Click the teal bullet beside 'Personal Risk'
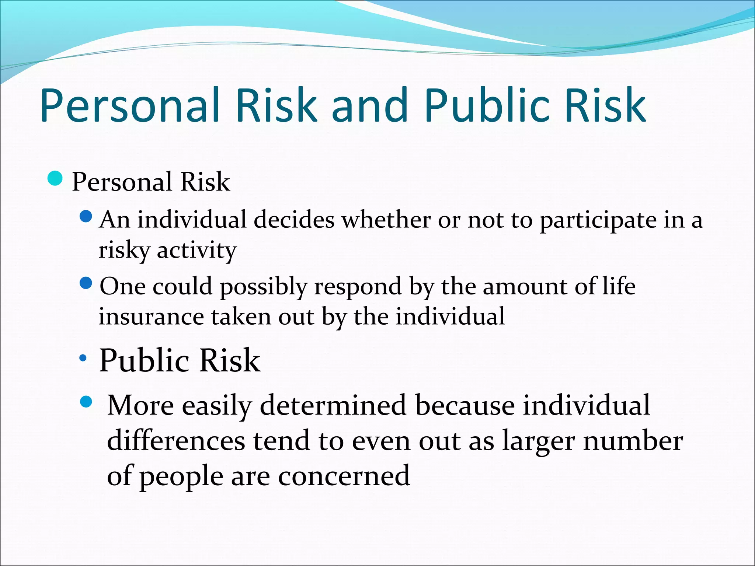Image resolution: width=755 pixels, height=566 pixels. [x=55, y=179]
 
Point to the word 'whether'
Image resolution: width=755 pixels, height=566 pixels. [x=386, y=220]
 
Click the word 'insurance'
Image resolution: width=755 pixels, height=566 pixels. [x=151, y=317]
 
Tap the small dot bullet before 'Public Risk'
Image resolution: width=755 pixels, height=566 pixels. [x=83, y=357]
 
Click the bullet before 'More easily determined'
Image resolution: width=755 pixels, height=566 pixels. [x=86, y=402]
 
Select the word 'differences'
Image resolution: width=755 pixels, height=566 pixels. [x=176, y=441]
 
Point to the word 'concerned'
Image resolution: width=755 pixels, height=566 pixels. [x=344, y=476]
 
